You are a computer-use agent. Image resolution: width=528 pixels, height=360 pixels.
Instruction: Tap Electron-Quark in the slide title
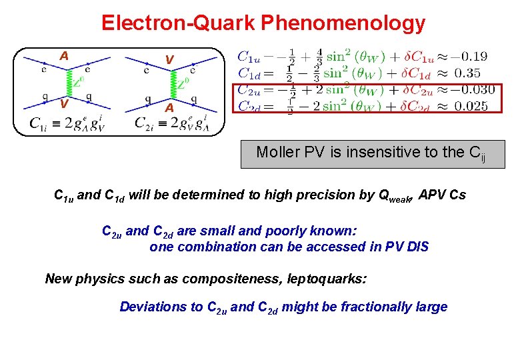click(179, 23)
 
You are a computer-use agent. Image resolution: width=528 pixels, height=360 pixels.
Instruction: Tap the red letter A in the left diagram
click(63, 56)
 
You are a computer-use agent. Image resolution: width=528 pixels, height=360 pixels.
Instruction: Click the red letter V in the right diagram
click(169, 60)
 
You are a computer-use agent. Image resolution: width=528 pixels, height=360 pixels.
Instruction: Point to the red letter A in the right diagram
click(169, 107)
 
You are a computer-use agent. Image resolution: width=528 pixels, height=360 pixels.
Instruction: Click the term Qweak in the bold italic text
click(395, 196)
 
